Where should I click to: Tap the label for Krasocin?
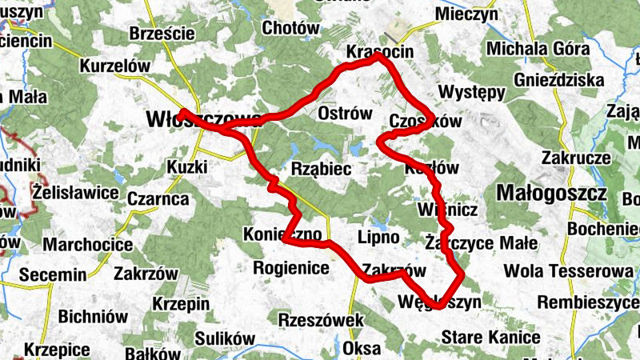(379, 51)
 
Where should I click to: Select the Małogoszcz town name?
(551, 193)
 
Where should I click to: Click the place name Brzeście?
(162, 34)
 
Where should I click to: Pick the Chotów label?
(290, 27)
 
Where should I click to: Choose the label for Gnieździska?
(559, 80)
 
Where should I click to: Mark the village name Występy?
(472, 90)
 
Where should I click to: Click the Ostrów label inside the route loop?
(345, 114)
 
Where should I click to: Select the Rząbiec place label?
(322, 169)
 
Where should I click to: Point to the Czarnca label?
(158, 198)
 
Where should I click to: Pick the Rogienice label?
(290, 268)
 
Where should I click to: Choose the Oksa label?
(362, 349)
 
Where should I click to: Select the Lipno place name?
(378, 238)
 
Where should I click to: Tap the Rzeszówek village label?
(320, 320)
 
